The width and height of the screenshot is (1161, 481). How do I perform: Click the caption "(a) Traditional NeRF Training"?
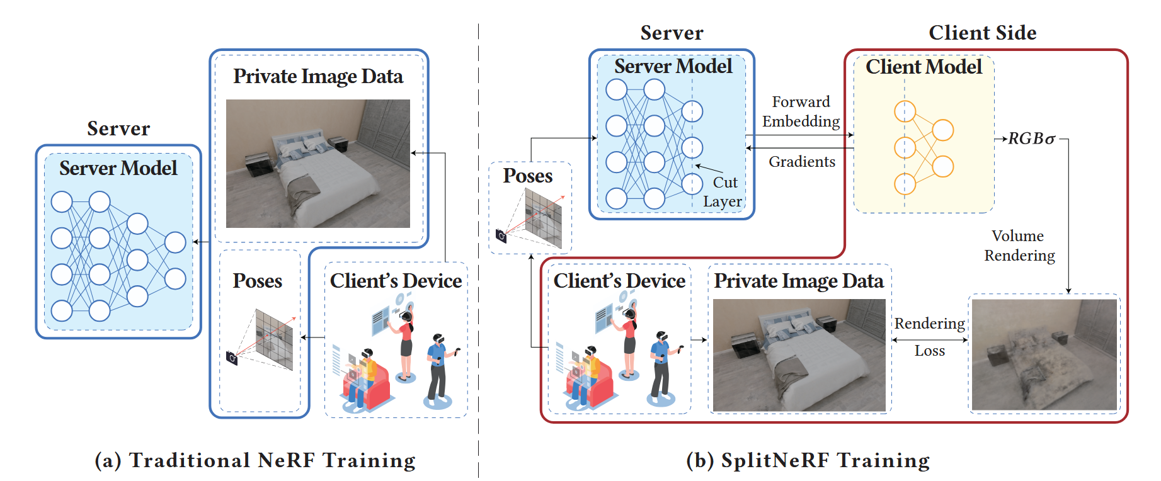[255, 460]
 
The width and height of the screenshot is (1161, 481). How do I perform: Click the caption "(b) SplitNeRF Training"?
[808, 460]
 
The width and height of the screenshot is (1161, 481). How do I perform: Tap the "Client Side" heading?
[982, 33]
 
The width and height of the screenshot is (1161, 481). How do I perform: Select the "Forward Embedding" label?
[801, 111]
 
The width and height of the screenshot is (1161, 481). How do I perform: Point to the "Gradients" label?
[801, 162]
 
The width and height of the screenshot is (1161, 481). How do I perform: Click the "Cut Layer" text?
[723, 192]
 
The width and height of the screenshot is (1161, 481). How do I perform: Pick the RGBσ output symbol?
[1031, 139]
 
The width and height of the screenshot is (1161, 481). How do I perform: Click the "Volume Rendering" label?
[1019, 246]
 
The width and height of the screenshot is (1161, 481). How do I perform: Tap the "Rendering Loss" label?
[929, 337]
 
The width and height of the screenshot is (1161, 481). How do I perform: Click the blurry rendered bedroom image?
[1044, 354]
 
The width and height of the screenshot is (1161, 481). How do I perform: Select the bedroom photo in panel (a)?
[317, 163]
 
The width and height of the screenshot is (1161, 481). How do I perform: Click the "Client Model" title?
[924, 67]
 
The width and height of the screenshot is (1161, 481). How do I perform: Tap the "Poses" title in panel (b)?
[527, 176]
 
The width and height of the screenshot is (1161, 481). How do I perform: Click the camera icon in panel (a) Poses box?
[232, 358]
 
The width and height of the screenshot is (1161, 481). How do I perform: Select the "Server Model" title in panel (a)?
[118, 168]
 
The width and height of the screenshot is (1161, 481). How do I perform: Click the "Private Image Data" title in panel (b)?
[799, 281]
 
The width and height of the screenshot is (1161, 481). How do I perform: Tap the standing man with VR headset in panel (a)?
[437, 368]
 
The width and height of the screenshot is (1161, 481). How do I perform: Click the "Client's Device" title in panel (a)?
[396, 281]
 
